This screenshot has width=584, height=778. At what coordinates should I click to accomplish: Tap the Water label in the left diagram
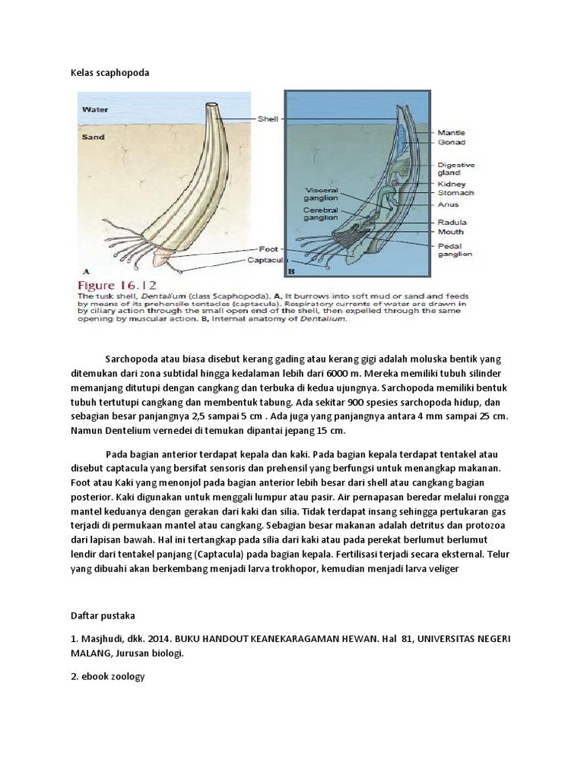point(95,109)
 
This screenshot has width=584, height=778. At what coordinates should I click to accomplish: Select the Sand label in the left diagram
point(93,138)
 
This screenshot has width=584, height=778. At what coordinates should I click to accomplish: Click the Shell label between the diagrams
point(268,119)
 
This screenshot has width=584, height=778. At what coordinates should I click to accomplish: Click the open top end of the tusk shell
point(211,106)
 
